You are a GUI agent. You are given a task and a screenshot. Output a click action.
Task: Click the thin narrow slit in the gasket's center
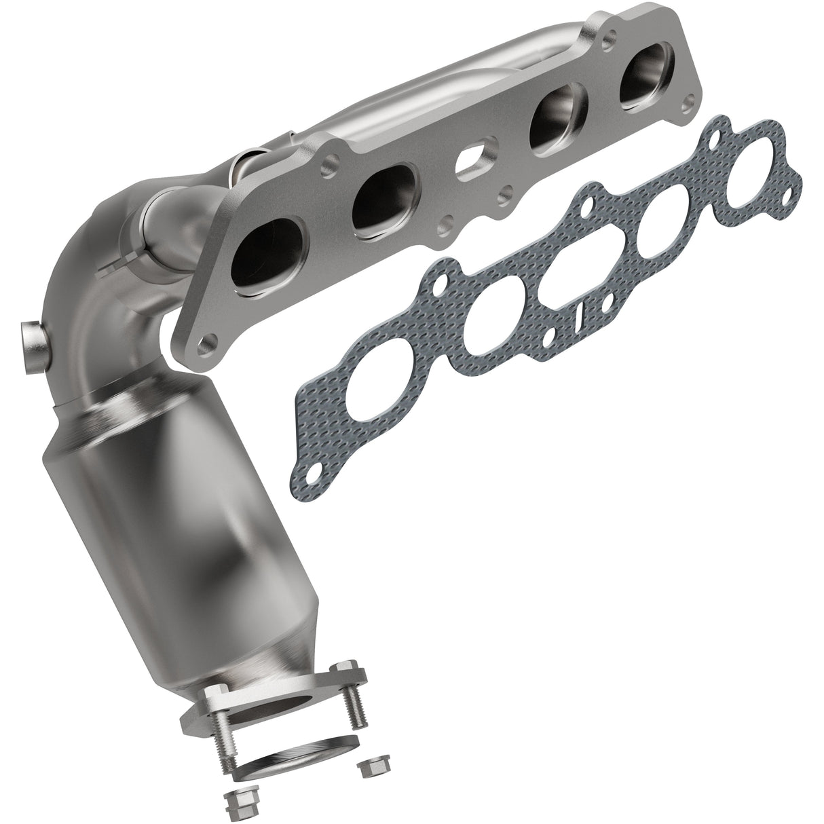pyautogui.click(x=580, y=318)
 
